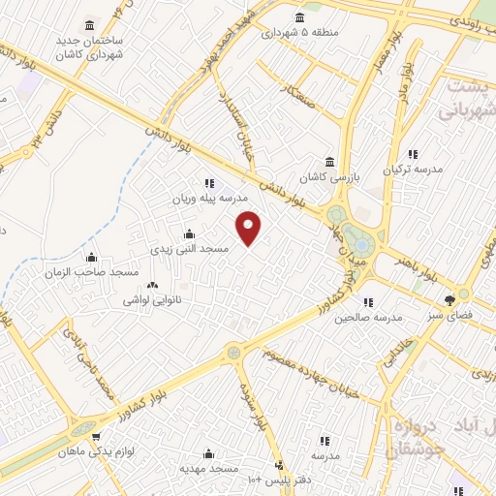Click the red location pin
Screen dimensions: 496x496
pos(249,227)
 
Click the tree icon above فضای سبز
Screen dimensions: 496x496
pos(449,299)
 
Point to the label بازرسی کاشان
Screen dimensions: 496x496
pos(329,178)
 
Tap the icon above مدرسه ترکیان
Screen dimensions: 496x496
pos(413,154)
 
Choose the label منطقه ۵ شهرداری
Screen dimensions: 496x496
pos(299,32)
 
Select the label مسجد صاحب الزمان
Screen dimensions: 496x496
pos(92,273)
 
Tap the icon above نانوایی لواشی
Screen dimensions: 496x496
pos(150,285)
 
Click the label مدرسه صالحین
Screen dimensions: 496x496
pos(374,318)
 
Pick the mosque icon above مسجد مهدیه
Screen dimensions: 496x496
pos(209,453)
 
